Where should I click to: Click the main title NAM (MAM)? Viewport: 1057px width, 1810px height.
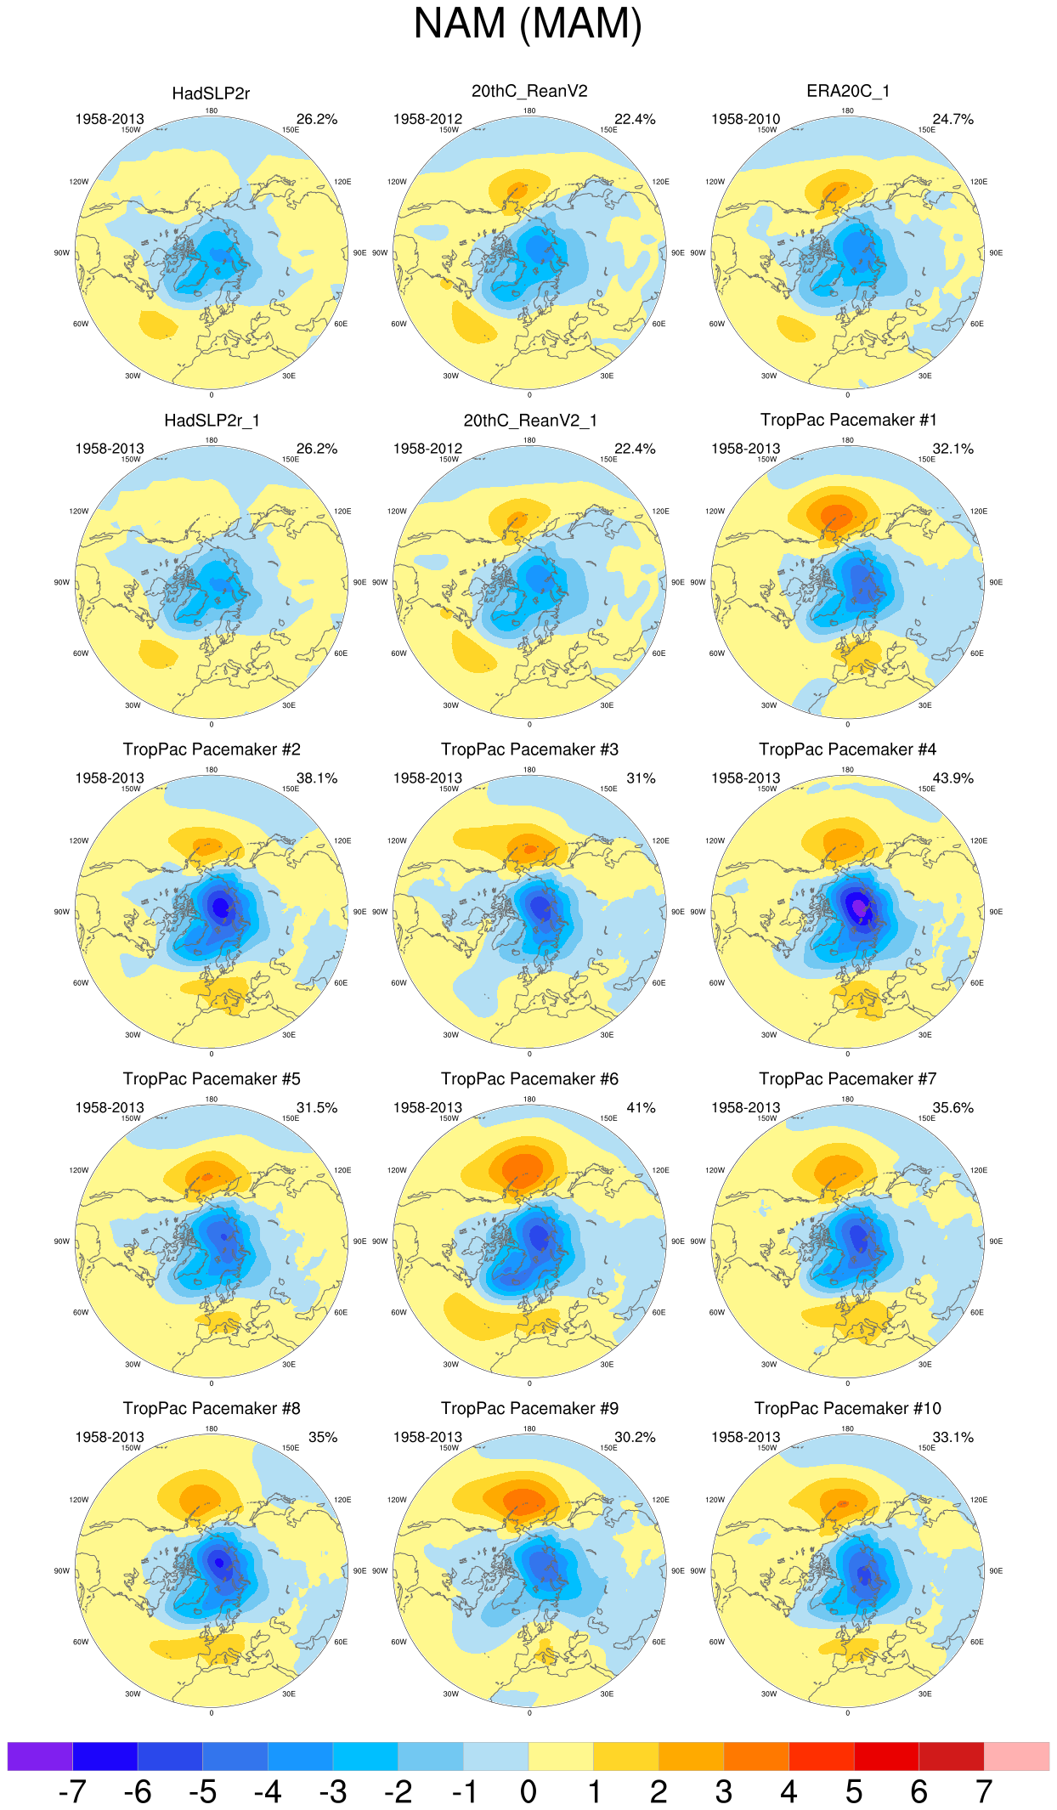tap(528, 24)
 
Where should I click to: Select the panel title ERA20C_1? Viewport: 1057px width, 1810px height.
tap(847, 91)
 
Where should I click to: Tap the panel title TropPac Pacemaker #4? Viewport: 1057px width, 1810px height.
tap(847, 749)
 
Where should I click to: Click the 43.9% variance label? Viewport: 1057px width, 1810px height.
tap(952, 778)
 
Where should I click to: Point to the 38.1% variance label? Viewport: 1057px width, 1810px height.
tap(316, 778)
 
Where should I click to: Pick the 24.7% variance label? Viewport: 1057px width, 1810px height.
tap(952, 120)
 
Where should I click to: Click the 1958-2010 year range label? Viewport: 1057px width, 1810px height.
tap(745, 120)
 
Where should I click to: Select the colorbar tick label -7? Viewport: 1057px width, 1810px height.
tap(72, 1792)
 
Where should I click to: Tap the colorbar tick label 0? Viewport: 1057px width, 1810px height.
tap(528, 1792)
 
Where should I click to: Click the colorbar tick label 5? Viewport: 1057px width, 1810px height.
tap(854, 1792)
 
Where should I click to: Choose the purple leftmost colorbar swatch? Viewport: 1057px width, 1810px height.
tap(40, 1756)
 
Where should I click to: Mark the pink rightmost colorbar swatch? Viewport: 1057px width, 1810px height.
tap(1016, 1756)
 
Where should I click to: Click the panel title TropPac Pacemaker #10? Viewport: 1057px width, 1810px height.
tap(847, 1409)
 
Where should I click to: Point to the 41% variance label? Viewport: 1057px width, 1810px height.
tap(641, 1108)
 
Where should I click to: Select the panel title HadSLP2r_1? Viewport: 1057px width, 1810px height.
tap(212, 421)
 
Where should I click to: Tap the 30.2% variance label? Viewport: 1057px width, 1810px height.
tap(635, 1438)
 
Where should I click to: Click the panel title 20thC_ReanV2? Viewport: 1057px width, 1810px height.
tap(529, 91)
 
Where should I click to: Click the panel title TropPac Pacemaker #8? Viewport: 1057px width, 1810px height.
tap(212, 1409)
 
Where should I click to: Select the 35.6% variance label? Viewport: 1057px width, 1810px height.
tap(952, 1108)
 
